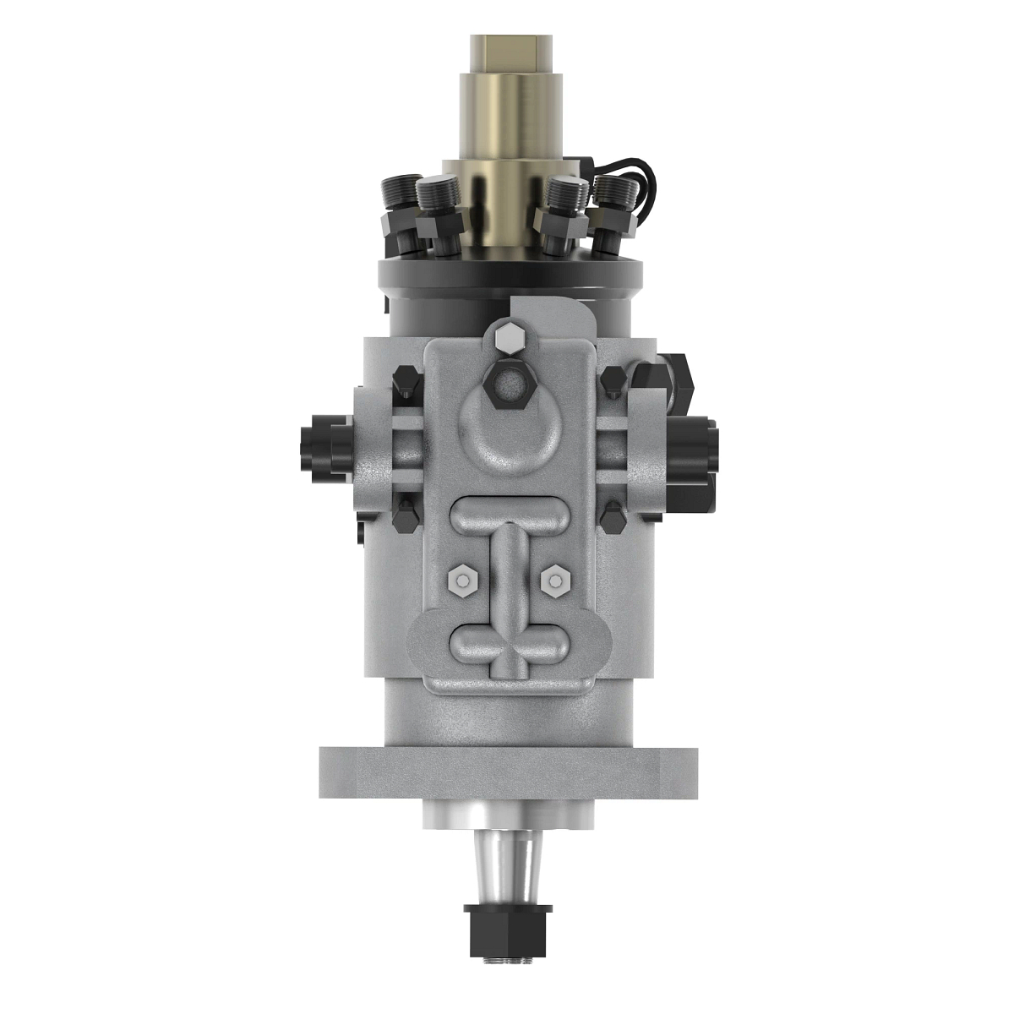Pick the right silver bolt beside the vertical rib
553,580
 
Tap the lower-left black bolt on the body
406,515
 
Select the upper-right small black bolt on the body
611,382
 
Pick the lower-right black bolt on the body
610,515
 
